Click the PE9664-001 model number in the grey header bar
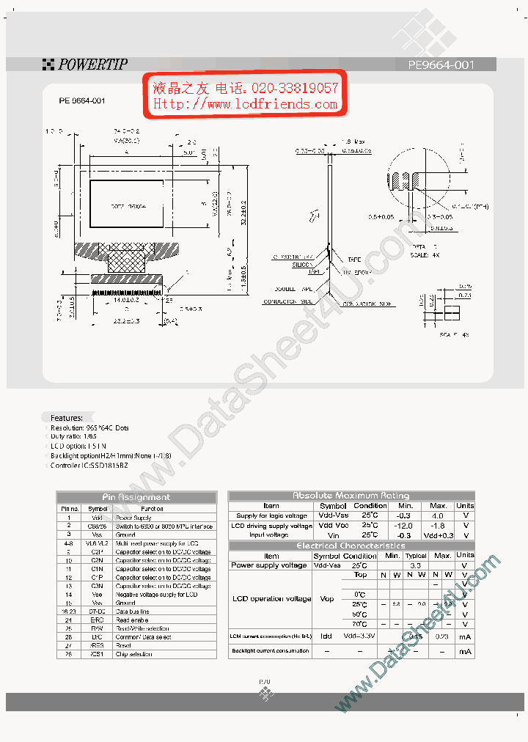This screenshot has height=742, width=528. pyautogui.click(x=441, y=65)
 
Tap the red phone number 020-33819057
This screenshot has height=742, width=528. pyautogui.click(x=294, y=88)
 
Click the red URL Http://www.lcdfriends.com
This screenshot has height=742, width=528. pyautogui.click(x=245, y=104)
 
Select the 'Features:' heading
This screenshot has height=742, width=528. pyautogui.click(x=67, y=417)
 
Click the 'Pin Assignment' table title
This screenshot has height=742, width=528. pyautogui.click(x=136, y=497)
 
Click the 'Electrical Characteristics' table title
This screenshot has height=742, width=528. pyautogui.click(x=351, y=546)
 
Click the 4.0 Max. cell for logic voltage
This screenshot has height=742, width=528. pyautogui.click(x=439, y=515)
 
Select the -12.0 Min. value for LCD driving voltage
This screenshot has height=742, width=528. pyautogui.click(x=406, y=526)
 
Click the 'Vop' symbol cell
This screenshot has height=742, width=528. pyautogui.click(x=327, y=599)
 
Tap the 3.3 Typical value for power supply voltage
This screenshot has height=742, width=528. pyautogui.click(x=416, y=565)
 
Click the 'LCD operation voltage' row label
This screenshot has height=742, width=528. pyautogui.click(x=271, y=599)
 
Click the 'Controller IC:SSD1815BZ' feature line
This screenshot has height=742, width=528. pyautogui.click(x=89, y=466)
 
